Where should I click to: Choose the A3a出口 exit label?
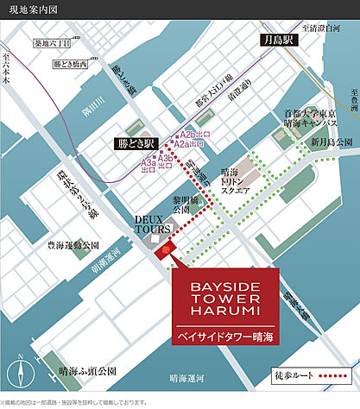click(x=148, y=166)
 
